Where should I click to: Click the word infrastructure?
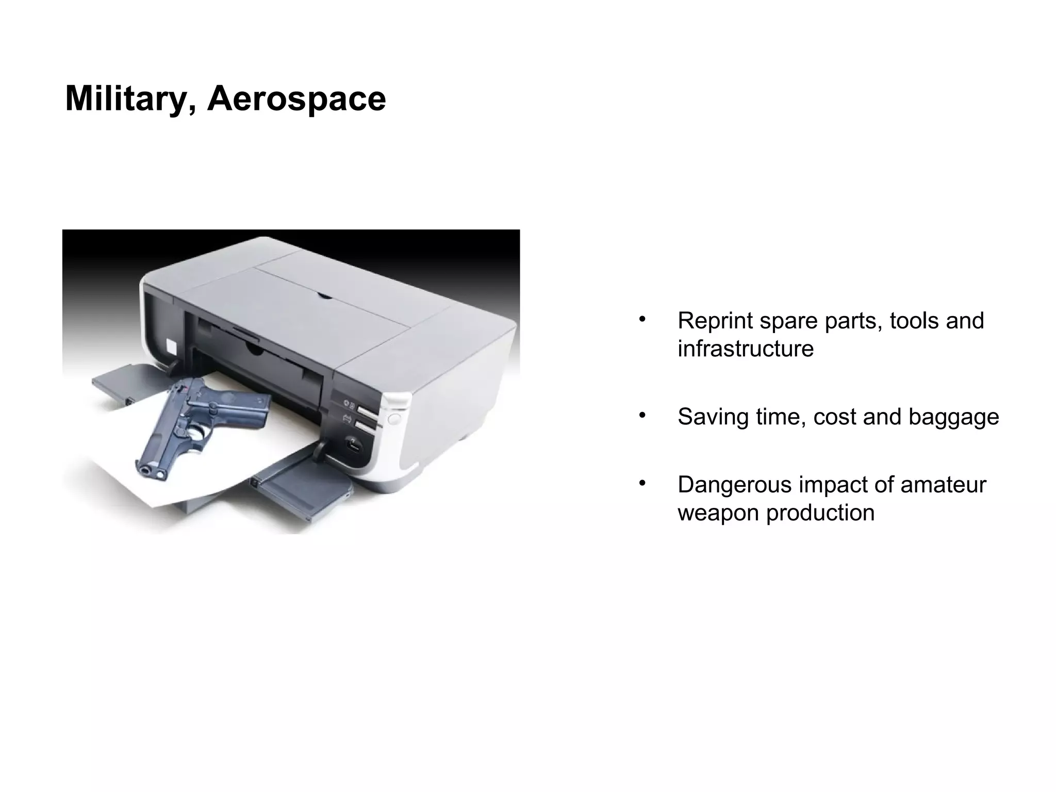(x=745, y=349)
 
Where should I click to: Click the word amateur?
(x=943, y=485)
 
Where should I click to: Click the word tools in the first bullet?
(x=915, y=321)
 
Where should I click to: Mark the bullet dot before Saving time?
(x=642, y=415)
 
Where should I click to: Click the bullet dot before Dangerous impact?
(x=642, y=483)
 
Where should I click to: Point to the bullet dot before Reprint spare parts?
(x=642, y=319)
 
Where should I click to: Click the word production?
(x=820, y=513)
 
